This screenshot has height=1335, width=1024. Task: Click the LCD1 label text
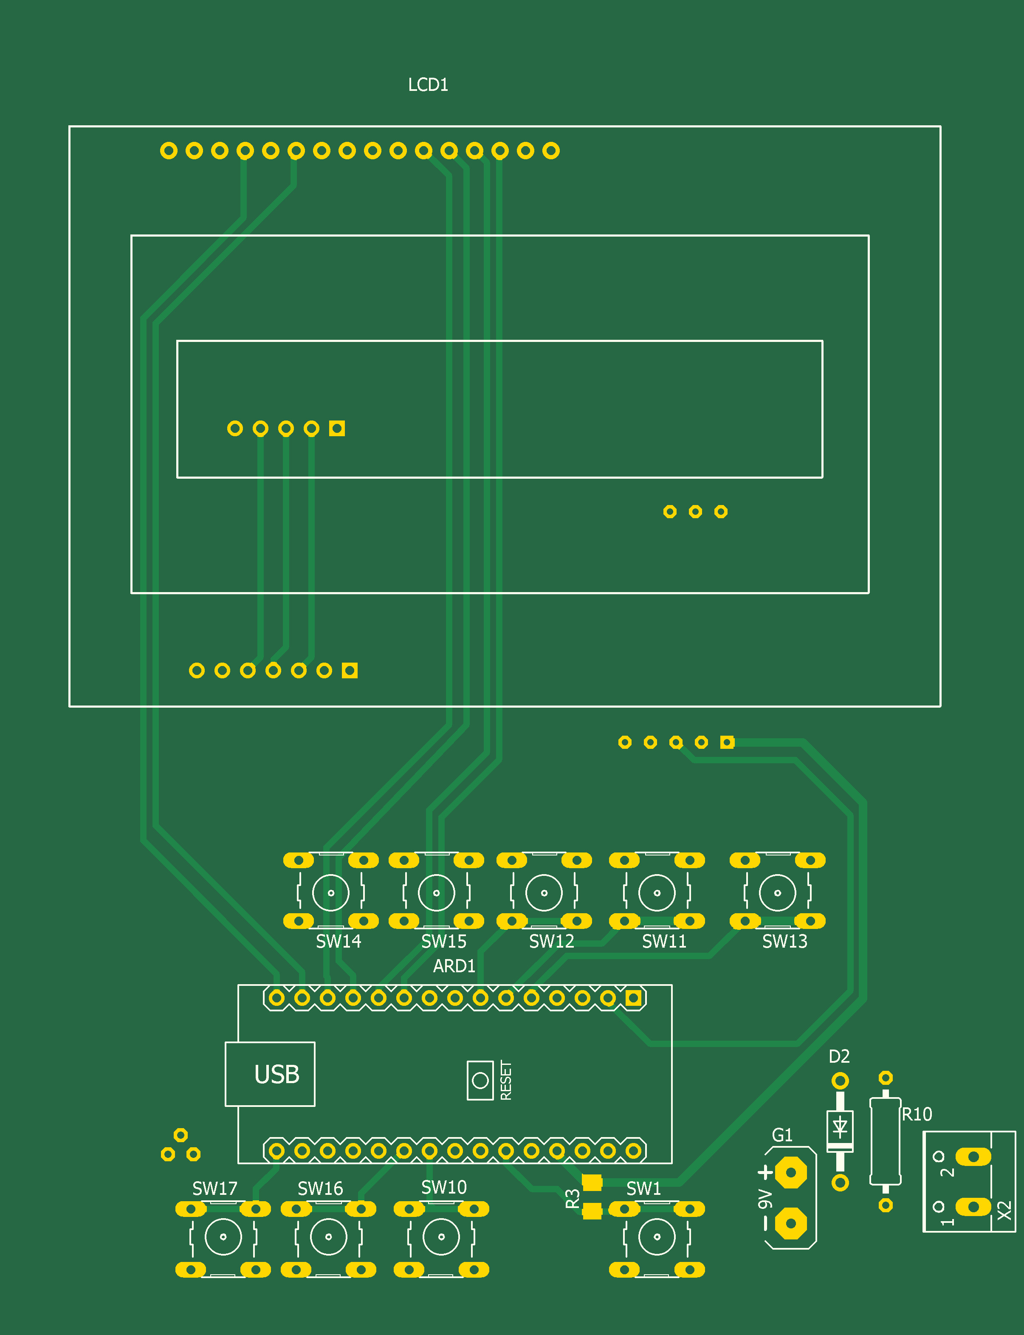pyautogui.click(x=428, y=85)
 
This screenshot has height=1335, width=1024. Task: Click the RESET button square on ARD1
pyautogui.click(x=480, y=1080)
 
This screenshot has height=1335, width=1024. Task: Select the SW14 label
pyautogui.click(x=338, y=941)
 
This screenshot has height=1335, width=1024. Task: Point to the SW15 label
pyautogui.click(x=444, y=941)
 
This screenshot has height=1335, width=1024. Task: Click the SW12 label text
pyautogui.click(x=551, y=941)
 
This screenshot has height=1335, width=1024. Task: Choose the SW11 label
pyautogui.click(x=664, y=941)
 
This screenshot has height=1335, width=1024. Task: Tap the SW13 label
pyautogui.click(x=784, y=941)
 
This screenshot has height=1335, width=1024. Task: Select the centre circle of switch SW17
pyautogui.click(x=223, y=1237)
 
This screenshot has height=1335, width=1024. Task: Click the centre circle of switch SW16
pyautogui.click(x=329, y=1237)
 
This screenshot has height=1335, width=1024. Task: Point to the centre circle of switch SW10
pyautogui.click(x=441, y=1237)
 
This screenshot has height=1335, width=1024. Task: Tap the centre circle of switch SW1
pyautogui.click(x=657, y=1237)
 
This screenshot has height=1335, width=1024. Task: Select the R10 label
pyautogui.click(x=917, y=1114)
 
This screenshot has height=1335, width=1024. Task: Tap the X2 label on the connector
pyautogui.click(x=1004, y=1210)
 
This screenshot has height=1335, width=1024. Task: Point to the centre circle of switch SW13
pyautogui.click(x=778, y=893)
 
